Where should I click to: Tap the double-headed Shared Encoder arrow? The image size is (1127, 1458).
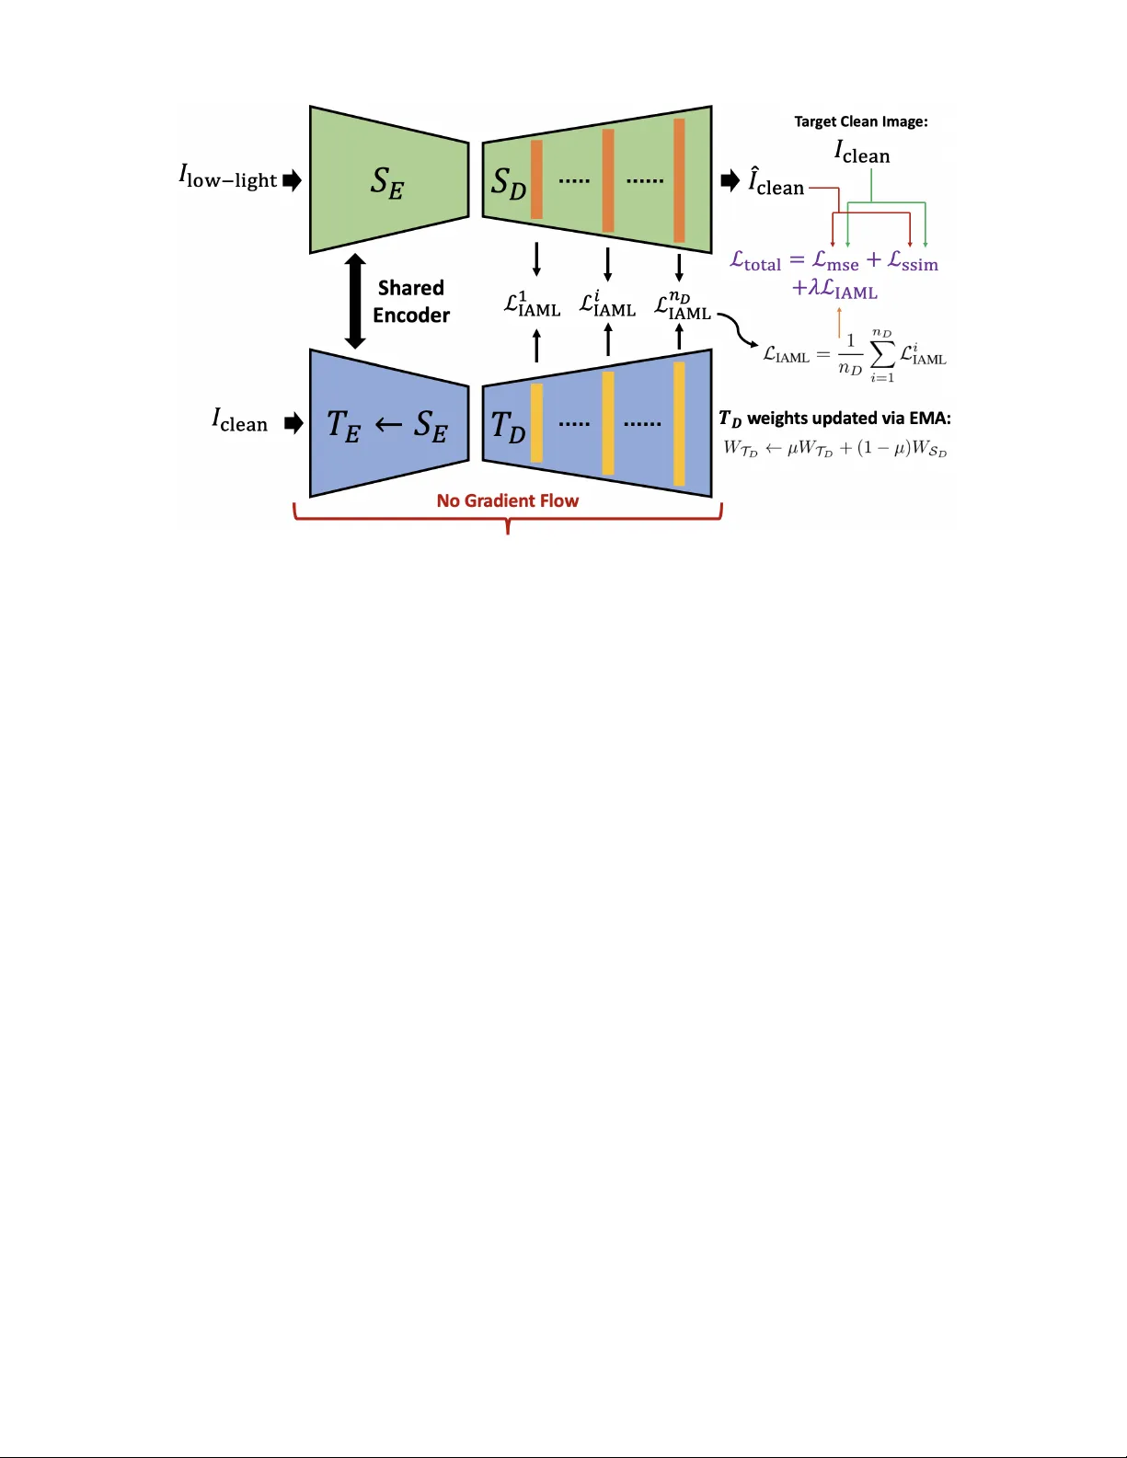point(355,302)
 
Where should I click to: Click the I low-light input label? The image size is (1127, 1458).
point(228,177)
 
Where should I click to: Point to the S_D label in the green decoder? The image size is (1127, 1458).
point(509,183)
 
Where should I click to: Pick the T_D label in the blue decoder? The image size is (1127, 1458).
point(508,426)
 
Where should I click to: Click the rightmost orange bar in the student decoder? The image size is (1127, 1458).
point(679,180)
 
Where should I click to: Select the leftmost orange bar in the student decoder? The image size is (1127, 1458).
point(536,180)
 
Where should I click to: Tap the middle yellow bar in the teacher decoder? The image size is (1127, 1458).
point(608,423)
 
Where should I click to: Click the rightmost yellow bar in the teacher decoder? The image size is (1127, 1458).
point(679,423)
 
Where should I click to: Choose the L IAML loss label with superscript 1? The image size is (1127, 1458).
point(532,304)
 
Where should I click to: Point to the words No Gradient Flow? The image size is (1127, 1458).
point(508,500)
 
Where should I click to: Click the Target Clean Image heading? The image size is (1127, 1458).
point(861,121)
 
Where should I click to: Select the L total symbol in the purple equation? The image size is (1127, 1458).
point(755,262)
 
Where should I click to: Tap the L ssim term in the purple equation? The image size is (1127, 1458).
point(913,262)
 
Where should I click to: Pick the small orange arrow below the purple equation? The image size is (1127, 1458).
point(839,322)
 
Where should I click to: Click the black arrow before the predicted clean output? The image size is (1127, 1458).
point(730,180)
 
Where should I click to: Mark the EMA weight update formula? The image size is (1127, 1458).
point(834,449)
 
